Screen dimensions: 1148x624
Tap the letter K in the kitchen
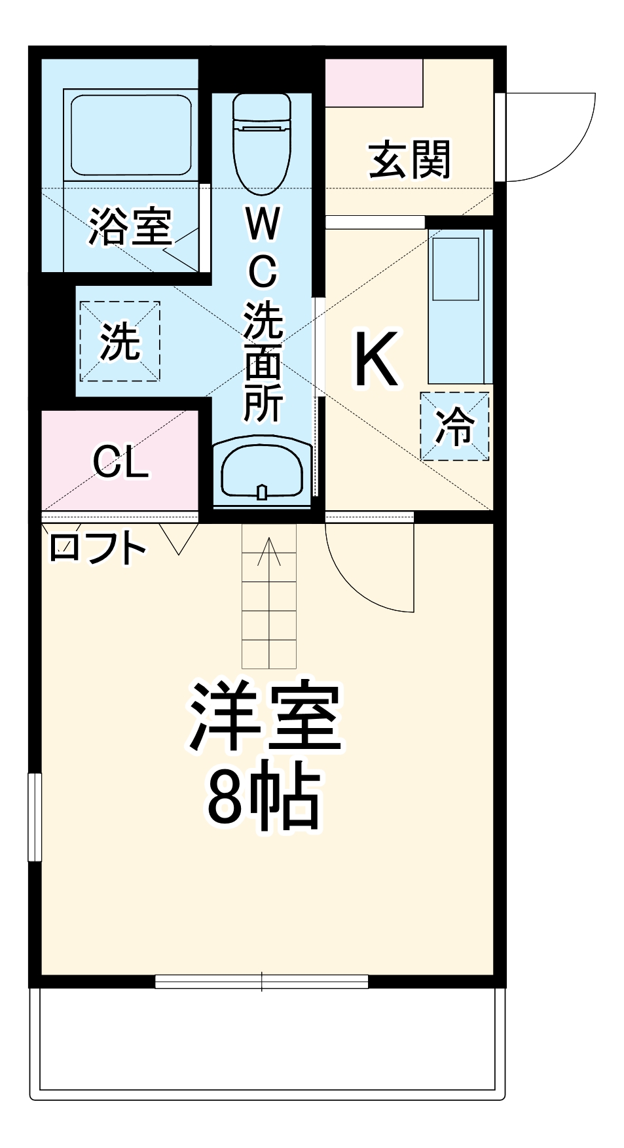tap(376, 359)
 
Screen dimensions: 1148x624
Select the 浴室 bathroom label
tap(130, 226)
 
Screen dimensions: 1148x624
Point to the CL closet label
tap(120, 463)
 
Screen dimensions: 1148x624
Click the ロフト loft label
tap(96, 548)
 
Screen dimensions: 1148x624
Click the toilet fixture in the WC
tap(261, 141)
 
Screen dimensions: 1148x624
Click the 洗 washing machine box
tap(120, 341)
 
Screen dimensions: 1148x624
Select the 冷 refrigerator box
tap(454, 426)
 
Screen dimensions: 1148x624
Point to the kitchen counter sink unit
tap(460, 306)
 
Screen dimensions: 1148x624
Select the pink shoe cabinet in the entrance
tap(374, 82)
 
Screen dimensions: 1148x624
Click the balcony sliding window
tap(262, 982)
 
